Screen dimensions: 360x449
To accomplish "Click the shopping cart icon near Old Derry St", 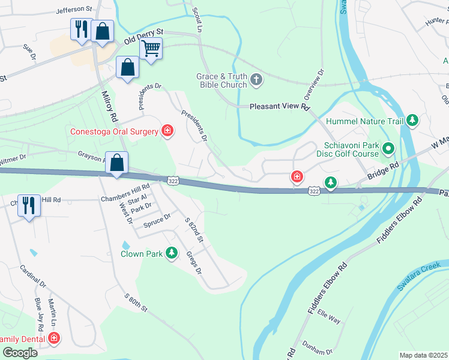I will coord(151,48).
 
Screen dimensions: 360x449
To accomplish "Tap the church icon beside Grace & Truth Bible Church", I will coord(256,80).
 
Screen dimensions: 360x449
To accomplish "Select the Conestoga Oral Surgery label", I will coord(114,131).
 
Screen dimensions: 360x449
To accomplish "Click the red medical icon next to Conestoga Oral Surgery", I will coord(167,131).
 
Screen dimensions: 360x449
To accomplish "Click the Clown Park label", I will coord(142,254).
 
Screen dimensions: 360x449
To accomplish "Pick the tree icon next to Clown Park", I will coord(172,253).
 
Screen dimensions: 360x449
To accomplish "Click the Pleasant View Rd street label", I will coord(280,107).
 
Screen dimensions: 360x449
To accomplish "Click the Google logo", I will coord(20,353).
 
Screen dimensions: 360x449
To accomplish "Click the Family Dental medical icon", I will coord(54,338).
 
